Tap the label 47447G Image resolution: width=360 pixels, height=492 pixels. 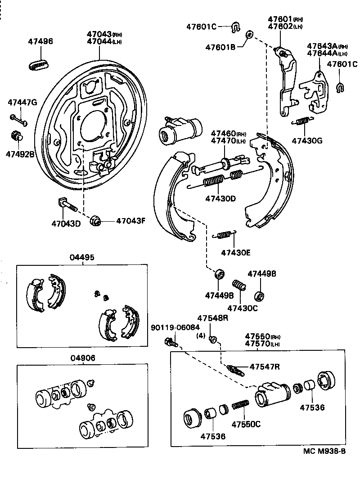point(22,102)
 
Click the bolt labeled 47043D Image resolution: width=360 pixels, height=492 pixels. point(67,205)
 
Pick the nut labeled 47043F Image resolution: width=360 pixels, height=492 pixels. point(95,220)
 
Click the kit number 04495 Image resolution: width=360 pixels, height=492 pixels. point(82,258)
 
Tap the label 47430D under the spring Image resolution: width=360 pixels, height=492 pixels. point(220,198)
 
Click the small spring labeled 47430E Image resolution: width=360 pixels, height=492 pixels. point(224,235)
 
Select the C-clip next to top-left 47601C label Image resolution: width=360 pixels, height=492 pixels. point(235,27)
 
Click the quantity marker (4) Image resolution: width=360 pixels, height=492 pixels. point(201,335)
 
